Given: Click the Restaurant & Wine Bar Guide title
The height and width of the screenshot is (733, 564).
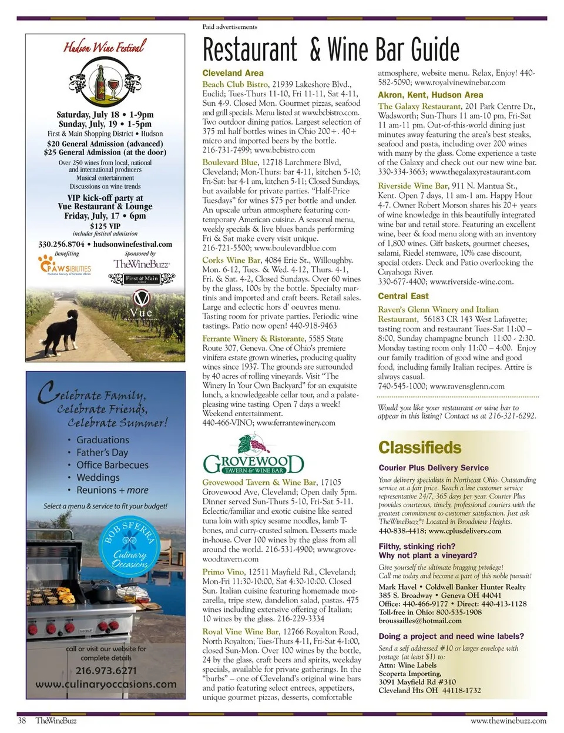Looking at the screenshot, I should coord(331,49).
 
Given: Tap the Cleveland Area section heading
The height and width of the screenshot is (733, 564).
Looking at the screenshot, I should coord(233,73).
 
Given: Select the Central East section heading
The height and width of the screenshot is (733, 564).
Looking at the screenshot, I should coord(403,296).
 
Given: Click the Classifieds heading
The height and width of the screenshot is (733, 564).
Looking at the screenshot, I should coord(419,447).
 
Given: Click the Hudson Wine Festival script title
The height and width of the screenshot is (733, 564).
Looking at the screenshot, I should coord(105,46).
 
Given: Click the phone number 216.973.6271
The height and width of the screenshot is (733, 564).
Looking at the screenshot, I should coord(106,670).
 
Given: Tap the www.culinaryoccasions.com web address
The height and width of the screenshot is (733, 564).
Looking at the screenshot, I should coord(106,684).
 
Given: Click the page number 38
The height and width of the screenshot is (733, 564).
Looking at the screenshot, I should coord(22,720).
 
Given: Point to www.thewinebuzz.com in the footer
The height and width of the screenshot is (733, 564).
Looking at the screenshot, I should coord(508,720).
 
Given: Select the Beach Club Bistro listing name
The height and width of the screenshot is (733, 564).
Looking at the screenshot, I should coord(235,85).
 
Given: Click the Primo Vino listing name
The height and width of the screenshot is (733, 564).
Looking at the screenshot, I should coord(223,572).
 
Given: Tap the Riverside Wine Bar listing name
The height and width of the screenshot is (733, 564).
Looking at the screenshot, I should coord(412,186).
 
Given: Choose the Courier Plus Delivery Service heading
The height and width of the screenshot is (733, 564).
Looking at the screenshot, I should coord(434,468).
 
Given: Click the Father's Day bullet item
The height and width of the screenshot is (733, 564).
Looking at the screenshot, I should coord(102,453).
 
